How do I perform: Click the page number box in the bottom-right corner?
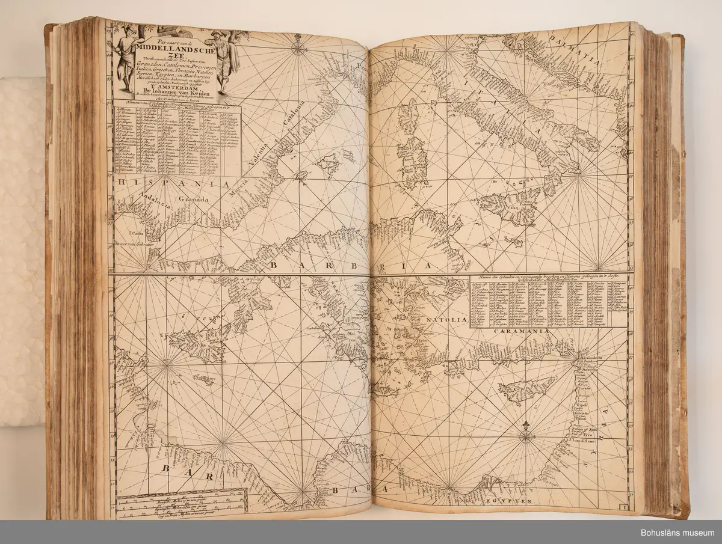625,509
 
